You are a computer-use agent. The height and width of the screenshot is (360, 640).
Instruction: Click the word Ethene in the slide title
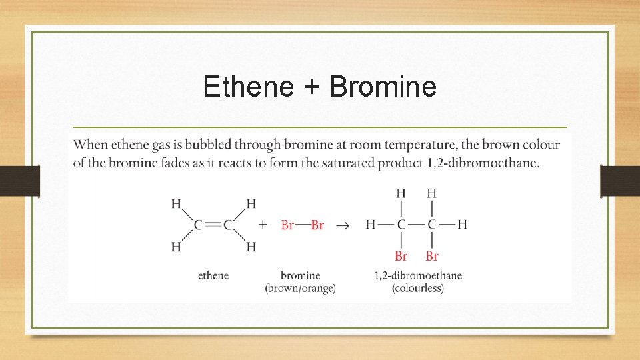click(248, 87)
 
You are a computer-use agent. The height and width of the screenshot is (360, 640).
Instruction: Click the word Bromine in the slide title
click(383, 87)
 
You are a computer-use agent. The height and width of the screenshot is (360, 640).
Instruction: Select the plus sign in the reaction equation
click(263, 225)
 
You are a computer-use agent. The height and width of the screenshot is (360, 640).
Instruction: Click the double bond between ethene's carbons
click(213, 225)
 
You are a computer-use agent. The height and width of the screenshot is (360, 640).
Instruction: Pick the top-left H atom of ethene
click(176, 203)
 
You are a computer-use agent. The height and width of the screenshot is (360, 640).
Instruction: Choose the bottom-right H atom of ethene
click(251, 247)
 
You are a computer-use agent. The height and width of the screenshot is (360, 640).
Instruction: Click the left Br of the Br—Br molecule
click(287, 225)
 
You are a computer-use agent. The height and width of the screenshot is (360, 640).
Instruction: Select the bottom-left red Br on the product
click(401, 256)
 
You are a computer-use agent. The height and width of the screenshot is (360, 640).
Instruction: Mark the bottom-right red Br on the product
click(432, 256)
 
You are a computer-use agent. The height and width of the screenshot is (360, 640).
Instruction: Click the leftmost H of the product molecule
click(370, 225)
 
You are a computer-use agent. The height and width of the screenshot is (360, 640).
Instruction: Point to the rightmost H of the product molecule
click(463, 225)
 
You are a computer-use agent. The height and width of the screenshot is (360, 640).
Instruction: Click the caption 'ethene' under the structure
click(213, 275)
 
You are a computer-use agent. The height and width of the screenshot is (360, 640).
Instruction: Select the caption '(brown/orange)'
click(300, 288)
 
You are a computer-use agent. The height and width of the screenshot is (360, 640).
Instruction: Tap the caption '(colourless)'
click(418, 288)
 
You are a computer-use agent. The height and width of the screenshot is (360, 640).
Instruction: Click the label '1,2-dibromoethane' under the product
click(418, 275)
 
